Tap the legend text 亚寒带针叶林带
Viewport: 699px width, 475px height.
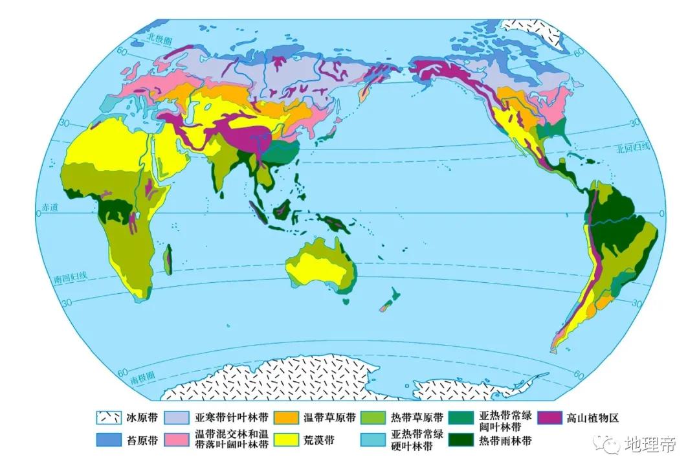(230, 418)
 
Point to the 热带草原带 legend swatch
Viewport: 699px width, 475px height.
(373, 418)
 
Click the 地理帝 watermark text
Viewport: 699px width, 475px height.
(650, 445)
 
